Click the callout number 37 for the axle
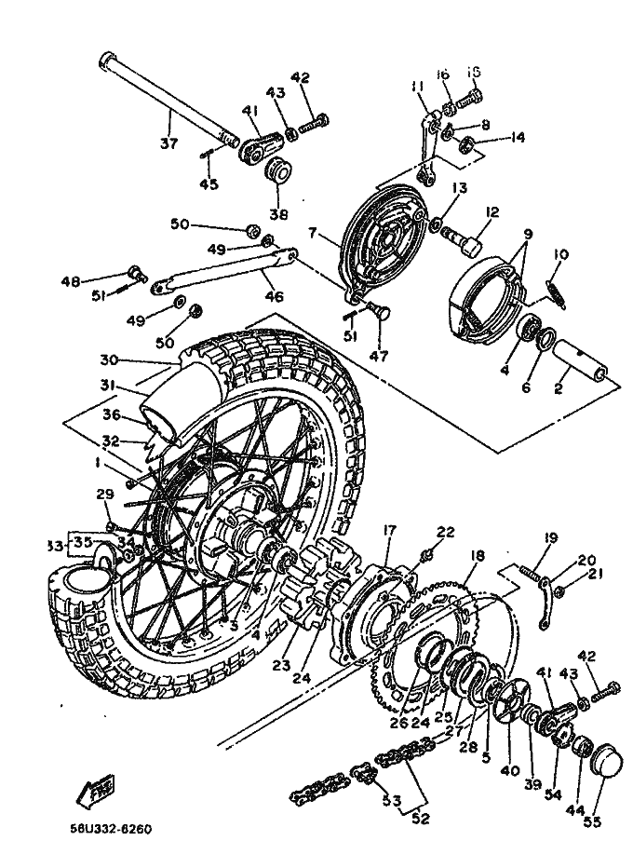[x=169, y=142]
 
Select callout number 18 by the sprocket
[x=478, y=556]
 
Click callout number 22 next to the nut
[x=447, y=532]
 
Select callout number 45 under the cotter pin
[x=209, y=184]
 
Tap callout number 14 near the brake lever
[x=518, y=138]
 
